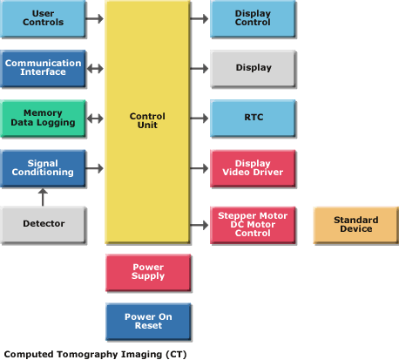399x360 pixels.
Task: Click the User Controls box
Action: (x=43, y=18)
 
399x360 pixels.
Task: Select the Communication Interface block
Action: (x=43, y=69)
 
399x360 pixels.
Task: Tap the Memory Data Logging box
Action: (x=43, y=119)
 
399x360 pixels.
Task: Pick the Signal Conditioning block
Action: (x=43, y=168)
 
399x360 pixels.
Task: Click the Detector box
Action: (x=43, y=225)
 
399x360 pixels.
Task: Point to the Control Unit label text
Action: (x=147, y=120)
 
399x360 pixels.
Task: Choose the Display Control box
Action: (x=253, y=18)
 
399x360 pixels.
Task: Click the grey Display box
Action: (x=253, y=69)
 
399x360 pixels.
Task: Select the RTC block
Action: (x=253, y=119)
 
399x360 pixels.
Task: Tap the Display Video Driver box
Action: (x=253, y=168)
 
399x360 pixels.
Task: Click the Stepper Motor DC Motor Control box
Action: (x=253, y=225)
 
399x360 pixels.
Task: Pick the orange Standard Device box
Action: (x=356, y=225)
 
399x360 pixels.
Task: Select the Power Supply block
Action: (x=148, y=273)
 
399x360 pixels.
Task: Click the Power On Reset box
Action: (x=148, y=322)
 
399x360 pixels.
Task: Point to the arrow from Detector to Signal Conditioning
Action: (x=43, y=197)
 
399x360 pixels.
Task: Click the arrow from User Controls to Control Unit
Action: (x=95, y=18)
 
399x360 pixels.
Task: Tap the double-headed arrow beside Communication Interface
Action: (x=95, y=69)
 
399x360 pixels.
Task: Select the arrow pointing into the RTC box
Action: (x=199, y=119)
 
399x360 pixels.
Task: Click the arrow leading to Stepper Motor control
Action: (x=199, y=225)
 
